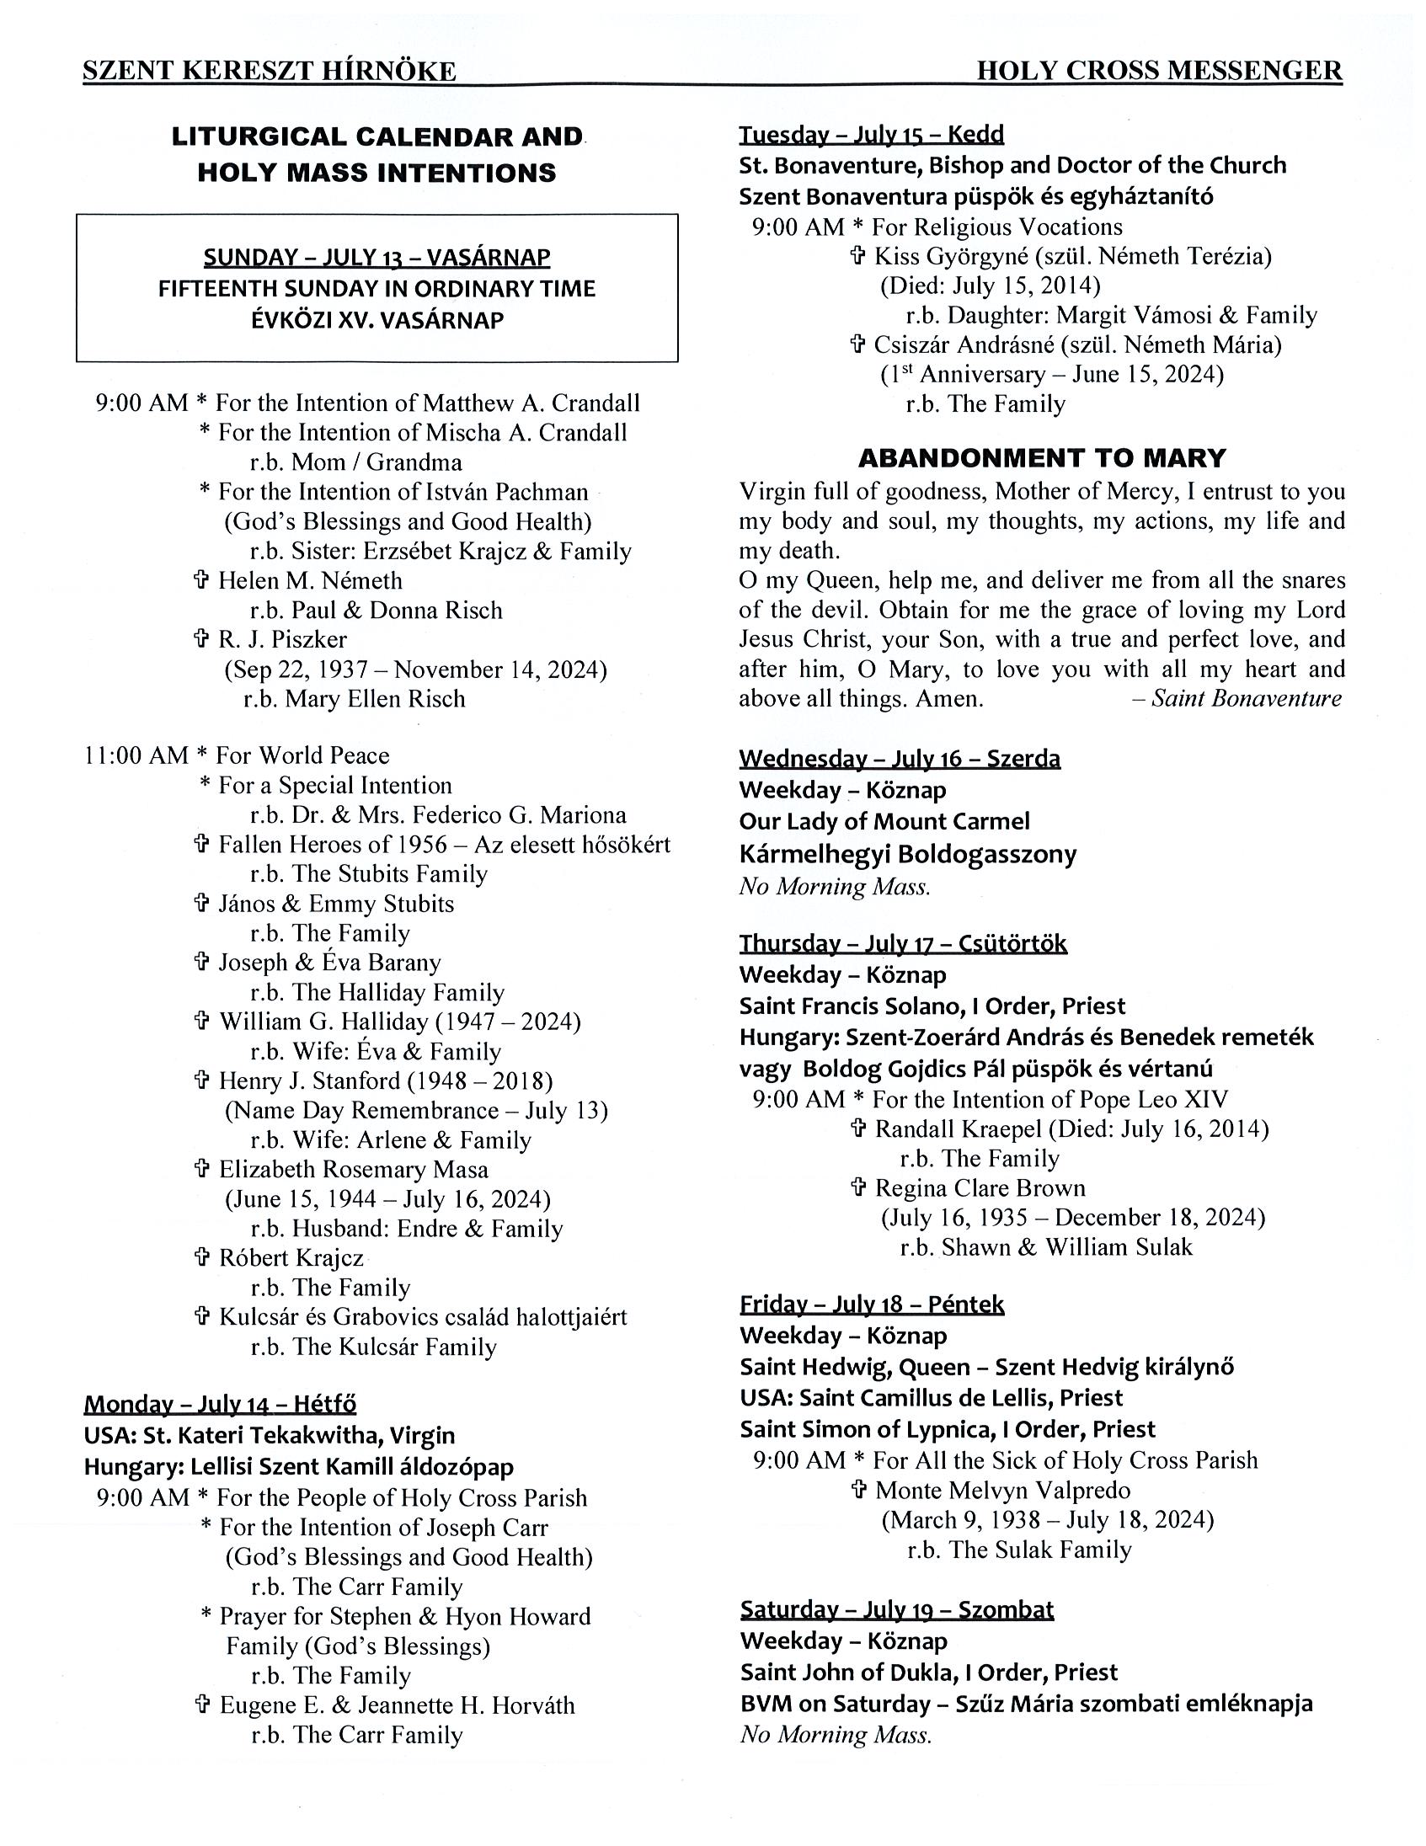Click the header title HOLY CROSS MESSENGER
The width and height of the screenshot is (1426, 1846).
click(1159, 71)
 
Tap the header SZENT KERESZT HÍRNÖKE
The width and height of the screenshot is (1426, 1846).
click(269, 72)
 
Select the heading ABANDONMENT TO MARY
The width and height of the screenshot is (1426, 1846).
click(1041, 458)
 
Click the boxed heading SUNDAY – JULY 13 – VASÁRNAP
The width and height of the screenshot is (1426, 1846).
click(377, 257)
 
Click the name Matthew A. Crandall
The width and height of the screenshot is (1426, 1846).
click(531, 403)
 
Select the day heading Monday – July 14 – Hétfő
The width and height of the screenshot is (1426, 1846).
click(220, 1404)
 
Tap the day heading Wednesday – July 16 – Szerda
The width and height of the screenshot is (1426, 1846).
click(900, 758)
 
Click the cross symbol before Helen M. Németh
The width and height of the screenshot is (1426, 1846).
click(201, 581)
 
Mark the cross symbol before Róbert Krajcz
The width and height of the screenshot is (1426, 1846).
click(201, 1257)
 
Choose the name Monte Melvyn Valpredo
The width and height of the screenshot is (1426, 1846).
click(1002, 1490)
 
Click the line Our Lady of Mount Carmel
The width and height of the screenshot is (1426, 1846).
click(884, 822)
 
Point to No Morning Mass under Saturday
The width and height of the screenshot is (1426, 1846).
click(836, 1735)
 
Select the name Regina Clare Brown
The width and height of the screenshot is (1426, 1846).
click(980, 1188)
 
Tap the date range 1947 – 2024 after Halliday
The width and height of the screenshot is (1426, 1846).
click(507, 1022)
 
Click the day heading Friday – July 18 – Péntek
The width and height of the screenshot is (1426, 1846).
click(872, 1305)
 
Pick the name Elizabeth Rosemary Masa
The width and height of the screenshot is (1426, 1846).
click(353, 1170)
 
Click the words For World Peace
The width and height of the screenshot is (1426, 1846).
click(302, 755)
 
